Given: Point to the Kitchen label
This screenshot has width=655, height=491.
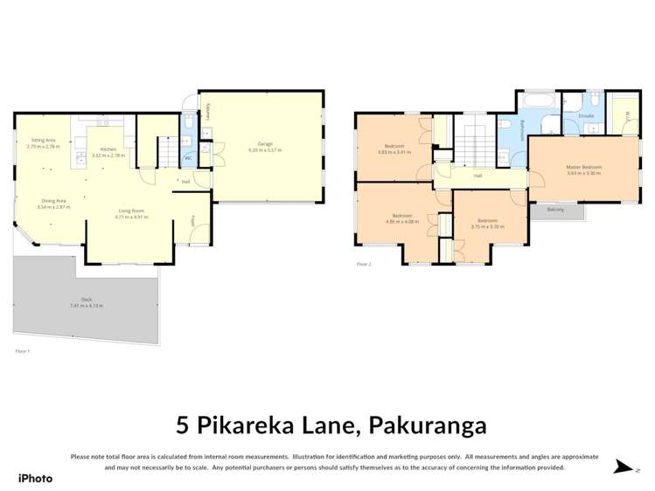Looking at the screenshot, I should (x=108, y=149).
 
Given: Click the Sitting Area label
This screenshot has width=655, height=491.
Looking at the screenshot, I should (x=44, y=141).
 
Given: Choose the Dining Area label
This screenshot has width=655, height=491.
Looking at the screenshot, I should (x=54, y=202).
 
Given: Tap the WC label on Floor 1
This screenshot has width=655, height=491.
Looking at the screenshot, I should (x=187, y=158).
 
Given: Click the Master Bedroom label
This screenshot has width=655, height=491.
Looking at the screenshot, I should (x=583, y=167).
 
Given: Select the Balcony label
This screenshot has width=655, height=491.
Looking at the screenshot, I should (x=555, y=210).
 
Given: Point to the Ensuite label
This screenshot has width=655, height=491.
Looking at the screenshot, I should (x=587, y=114).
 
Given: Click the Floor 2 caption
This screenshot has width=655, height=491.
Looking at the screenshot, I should (x=364, y=263).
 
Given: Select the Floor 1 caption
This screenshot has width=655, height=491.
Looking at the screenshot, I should (x=23, y=350).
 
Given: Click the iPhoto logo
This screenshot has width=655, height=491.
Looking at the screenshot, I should (x=35, y=478).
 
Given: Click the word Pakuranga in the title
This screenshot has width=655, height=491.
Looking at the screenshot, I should (x=428, y=425).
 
